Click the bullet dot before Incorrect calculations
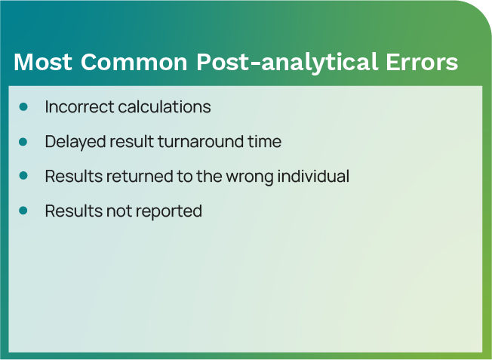23,106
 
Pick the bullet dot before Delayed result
23,141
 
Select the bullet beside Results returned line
23,176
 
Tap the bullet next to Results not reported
23,211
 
